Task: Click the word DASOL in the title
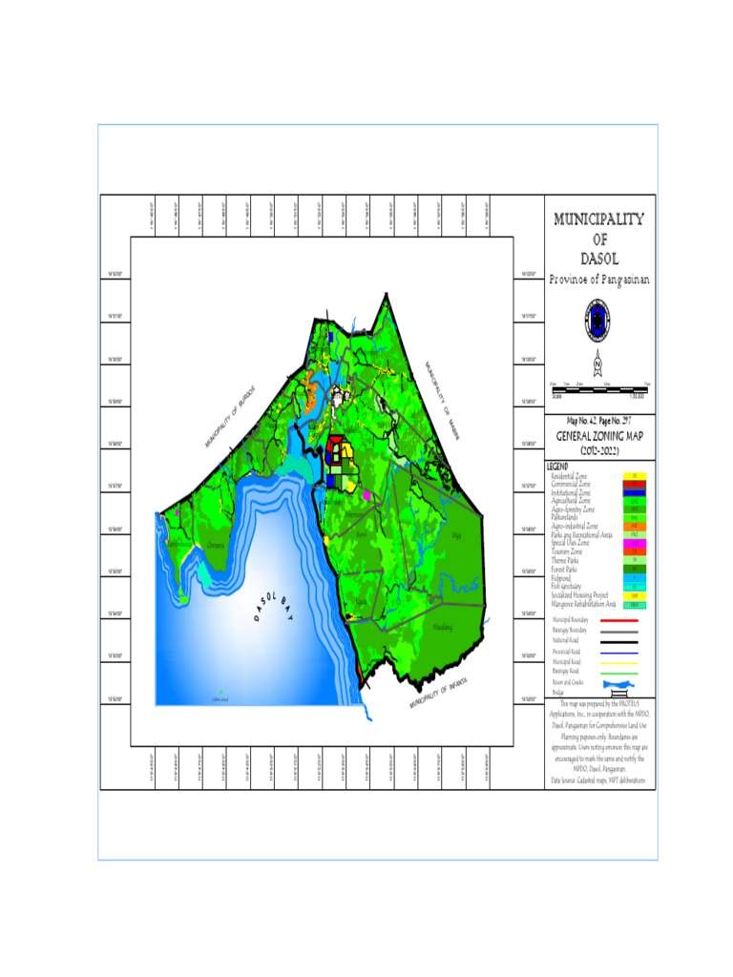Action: pos(599,259)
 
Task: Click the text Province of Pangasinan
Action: pos(599,279)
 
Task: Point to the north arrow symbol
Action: pos(597,363)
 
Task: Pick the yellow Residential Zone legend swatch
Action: pos(634,475)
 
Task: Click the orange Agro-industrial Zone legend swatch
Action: pos(634,526)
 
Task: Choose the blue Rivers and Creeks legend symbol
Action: pos(622,685)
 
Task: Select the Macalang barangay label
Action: pos(442,628)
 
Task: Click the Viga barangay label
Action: pos(455,536)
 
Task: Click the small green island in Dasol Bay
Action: pos(220,692)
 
